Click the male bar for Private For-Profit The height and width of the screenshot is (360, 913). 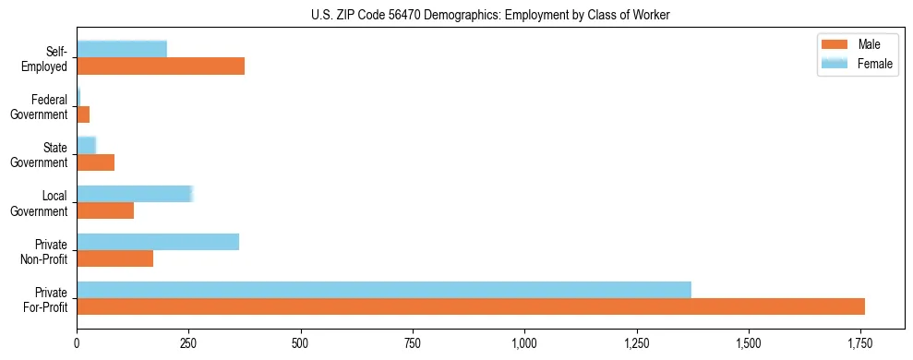point(471,306)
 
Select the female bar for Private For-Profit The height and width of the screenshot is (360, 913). point(384,290)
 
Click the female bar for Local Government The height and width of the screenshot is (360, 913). point(134,194)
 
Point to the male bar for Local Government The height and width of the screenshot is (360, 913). point(105,210)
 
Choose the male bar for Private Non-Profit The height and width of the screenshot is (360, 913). point(115,258)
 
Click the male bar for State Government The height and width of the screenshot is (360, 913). point(96,162)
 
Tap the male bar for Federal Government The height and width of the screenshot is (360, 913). point(83,114)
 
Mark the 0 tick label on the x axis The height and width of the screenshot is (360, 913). point(77,343)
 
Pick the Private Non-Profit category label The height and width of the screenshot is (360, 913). point(44,251)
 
